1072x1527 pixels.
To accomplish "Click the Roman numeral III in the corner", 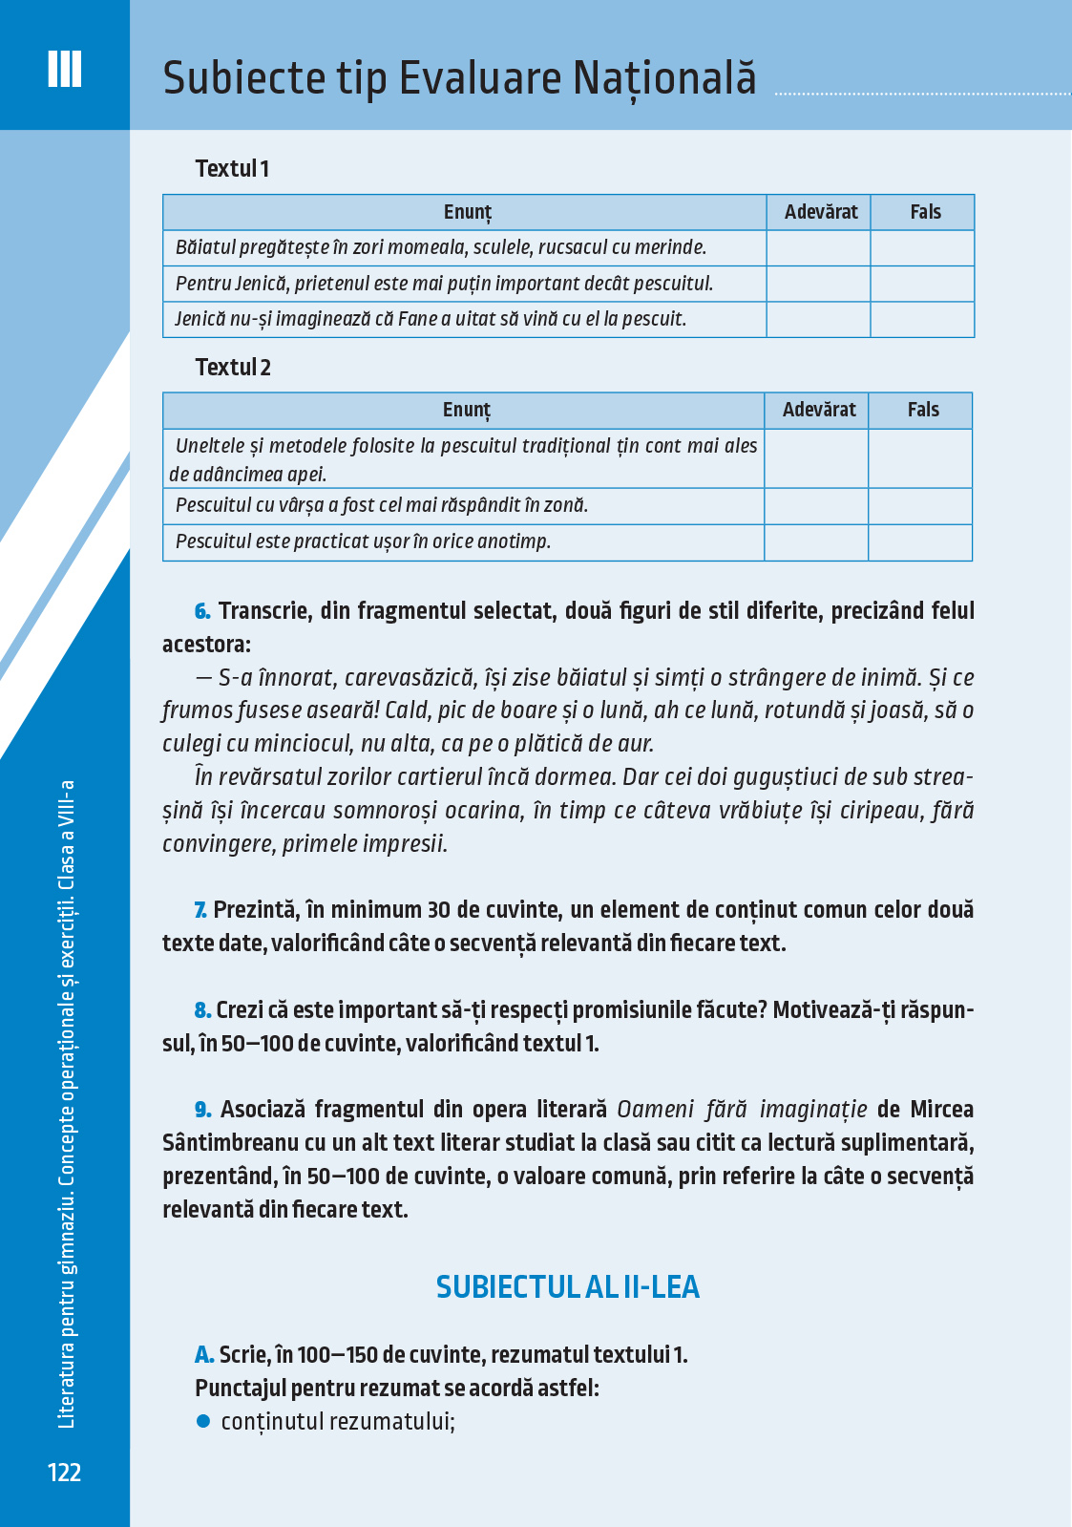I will pyautogui.click(x=64, y=69).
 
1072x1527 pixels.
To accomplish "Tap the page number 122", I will pyautogui.click(x=64, y=1472).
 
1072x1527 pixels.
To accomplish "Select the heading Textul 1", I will pyautogui.click(x=232, y=169).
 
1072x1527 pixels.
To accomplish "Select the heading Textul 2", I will pyautogui.click(x=233, y=368).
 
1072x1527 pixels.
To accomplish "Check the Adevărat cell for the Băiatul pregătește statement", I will pyautogui.click(x=818, y=248).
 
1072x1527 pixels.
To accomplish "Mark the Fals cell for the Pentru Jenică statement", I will pyautogui.click(x=922, y=284).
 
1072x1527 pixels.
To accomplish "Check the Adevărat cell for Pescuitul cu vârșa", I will pyautogui.click(x=816, y=506).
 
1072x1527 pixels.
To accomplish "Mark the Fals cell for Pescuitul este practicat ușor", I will pyautogui.click(x=920, y=542).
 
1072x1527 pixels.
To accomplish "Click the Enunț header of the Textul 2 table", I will pyautogui.click(x=466, y=411).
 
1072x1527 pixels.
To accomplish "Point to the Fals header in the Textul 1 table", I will pyautogui.click(x=925, y=212).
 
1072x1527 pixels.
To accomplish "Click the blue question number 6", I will pyautogui.click(x=202, y=611).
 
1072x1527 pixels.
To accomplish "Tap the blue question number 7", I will pyautogui.click(x=200, y=910).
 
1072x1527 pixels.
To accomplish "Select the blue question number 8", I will pyautogui.click(x=202, y=1010).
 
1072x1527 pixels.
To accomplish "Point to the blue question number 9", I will pyautogui.click(x=203, y=1110).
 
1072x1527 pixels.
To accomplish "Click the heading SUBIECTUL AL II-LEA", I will pyautogui.click(x=568, y=1287).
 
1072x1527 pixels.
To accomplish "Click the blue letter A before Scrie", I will pyautogui.click(x=204, y=1355).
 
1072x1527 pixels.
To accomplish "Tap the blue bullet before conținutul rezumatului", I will pyautogui.click(x=202, y=1421).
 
